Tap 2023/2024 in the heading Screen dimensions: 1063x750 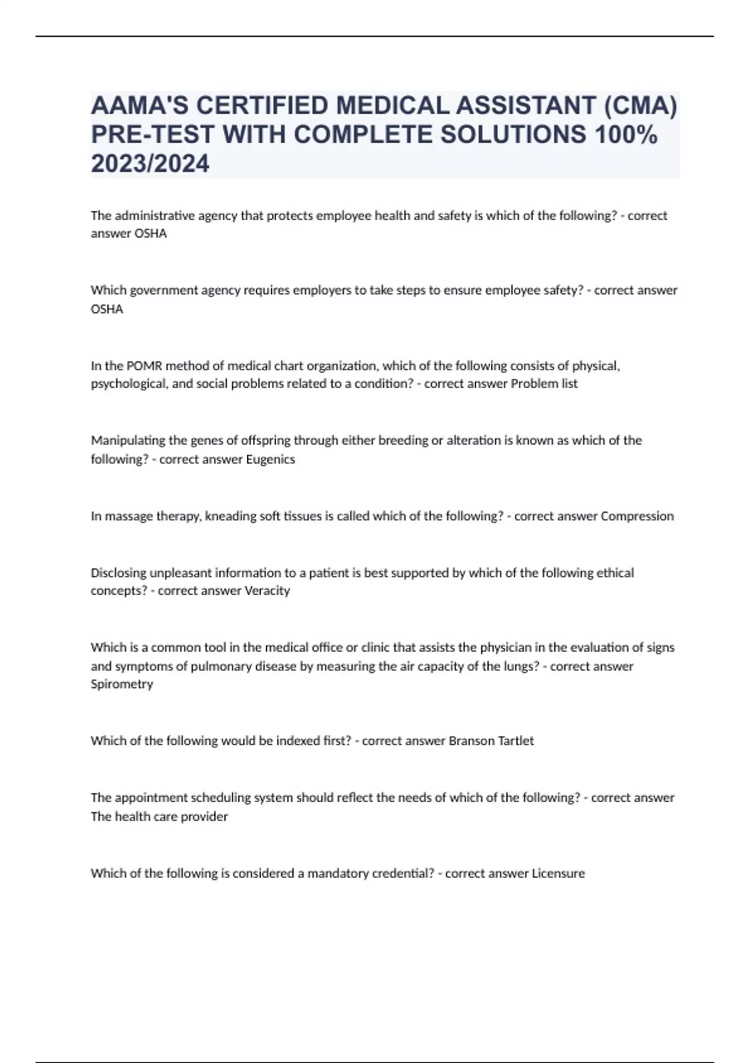pos(150,164)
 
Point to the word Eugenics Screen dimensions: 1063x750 pos(271,459)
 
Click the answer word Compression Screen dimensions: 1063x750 pos(637,516)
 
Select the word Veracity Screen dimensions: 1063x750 pos(266,591)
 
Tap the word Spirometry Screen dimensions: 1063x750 pos(122,684)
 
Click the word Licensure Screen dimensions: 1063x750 pos(558,874)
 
